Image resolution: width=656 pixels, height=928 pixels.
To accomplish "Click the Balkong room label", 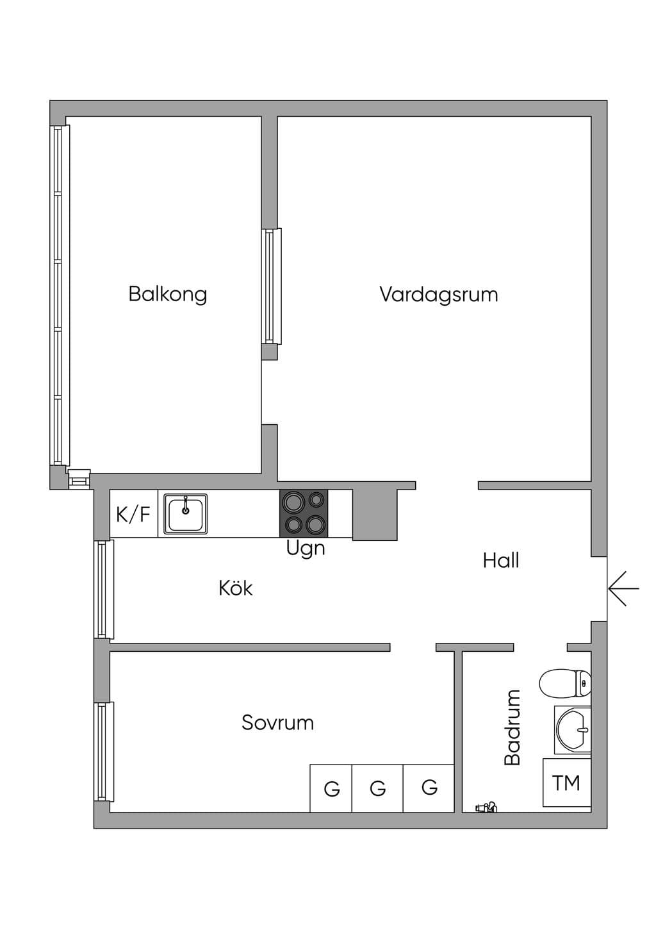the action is click(168, 295).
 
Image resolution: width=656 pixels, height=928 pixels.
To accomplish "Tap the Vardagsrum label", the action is click(439, 295).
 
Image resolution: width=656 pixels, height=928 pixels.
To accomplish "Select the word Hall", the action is click(501, 561).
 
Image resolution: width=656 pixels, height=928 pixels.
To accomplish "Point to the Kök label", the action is click(235, 588).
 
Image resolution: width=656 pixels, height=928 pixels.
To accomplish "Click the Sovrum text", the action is click(277, 722).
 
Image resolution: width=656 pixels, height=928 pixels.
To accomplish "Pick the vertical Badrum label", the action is click(512, 727).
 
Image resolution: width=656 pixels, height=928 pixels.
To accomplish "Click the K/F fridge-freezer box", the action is click(133, 514).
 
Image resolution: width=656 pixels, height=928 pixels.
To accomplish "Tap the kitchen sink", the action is click(186, 514).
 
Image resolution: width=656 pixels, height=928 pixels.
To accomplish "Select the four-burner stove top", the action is click(304, 514).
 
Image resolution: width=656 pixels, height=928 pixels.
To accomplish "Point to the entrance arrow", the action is click(624, 588).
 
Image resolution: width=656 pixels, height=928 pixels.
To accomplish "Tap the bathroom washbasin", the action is click(573, 729).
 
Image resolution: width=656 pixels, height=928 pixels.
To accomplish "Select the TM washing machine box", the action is click(567, 783).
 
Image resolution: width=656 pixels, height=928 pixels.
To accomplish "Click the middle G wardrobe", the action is click(377, 788).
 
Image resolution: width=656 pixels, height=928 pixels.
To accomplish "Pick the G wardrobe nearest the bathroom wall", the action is click(429, 788).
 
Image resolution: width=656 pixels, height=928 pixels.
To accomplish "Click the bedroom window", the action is click(104, 752).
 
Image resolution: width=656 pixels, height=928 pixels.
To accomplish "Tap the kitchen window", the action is click(104, 590).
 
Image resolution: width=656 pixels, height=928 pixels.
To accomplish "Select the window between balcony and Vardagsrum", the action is click(272, 286).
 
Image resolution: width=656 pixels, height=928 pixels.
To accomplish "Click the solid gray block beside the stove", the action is click(375, 515).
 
